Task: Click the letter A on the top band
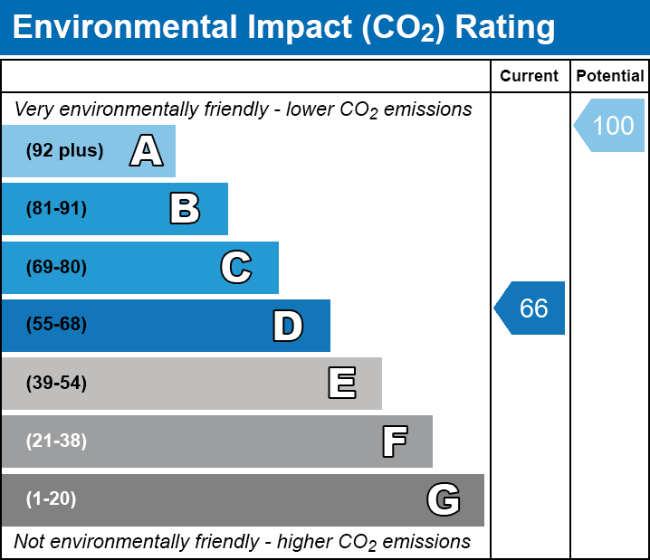point(147,150)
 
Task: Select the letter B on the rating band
point(185,208)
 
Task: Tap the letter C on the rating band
point(236,267)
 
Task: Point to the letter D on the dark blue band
point(288,326)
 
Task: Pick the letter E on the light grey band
point(342,383)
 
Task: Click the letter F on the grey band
point(395,441)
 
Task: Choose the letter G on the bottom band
point(444,499)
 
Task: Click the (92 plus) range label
point(64,150)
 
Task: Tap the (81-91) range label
point(56,208)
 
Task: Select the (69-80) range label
point(56,267)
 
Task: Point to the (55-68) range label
point(56,324)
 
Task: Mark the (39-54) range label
point(56,383)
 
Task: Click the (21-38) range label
point(56,441)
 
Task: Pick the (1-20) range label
point(51,498)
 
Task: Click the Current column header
point(529,76)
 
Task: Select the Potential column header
point(610,76)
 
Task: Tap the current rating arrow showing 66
point(530,308)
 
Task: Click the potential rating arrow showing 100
point(609,125)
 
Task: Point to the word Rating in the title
point(505,27)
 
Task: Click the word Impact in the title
point(300,27)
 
